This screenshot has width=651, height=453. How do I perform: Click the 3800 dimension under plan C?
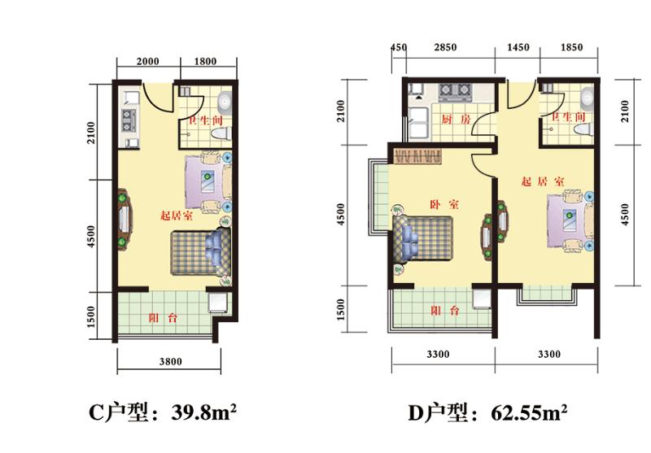coord(170,362)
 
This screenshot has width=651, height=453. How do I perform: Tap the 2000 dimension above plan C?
coord(148,62)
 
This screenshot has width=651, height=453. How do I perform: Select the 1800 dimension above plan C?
coord(206,62)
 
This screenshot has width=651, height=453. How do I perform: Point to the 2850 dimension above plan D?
coord(445,47)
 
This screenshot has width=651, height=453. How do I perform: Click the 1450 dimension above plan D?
coord(518,47)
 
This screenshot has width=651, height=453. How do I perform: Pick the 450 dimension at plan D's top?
coord(398,47)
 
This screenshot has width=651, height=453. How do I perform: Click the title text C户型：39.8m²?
coord(163,412)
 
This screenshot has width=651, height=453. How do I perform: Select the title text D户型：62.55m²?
coord(487,412)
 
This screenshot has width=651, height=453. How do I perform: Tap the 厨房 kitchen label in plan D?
coord(456,120)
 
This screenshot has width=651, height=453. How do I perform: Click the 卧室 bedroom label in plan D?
coord(444,204)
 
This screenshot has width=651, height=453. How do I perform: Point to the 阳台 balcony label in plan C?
coord(164,318)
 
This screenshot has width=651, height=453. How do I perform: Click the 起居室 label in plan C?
coord(177,216)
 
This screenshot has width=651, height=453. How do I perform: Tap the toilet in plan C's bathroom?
coord(221,133)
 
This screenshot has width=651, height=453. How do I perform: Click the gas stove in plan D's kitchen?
coord(455,93)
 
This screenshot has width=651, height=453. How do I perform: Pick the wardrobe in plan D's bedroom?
coord(417,156)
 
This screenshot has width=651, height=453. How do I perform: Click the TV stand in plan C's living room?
coord(125,220)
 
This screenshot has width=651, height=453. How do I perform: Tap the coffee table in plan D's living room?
coord(570,220)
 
